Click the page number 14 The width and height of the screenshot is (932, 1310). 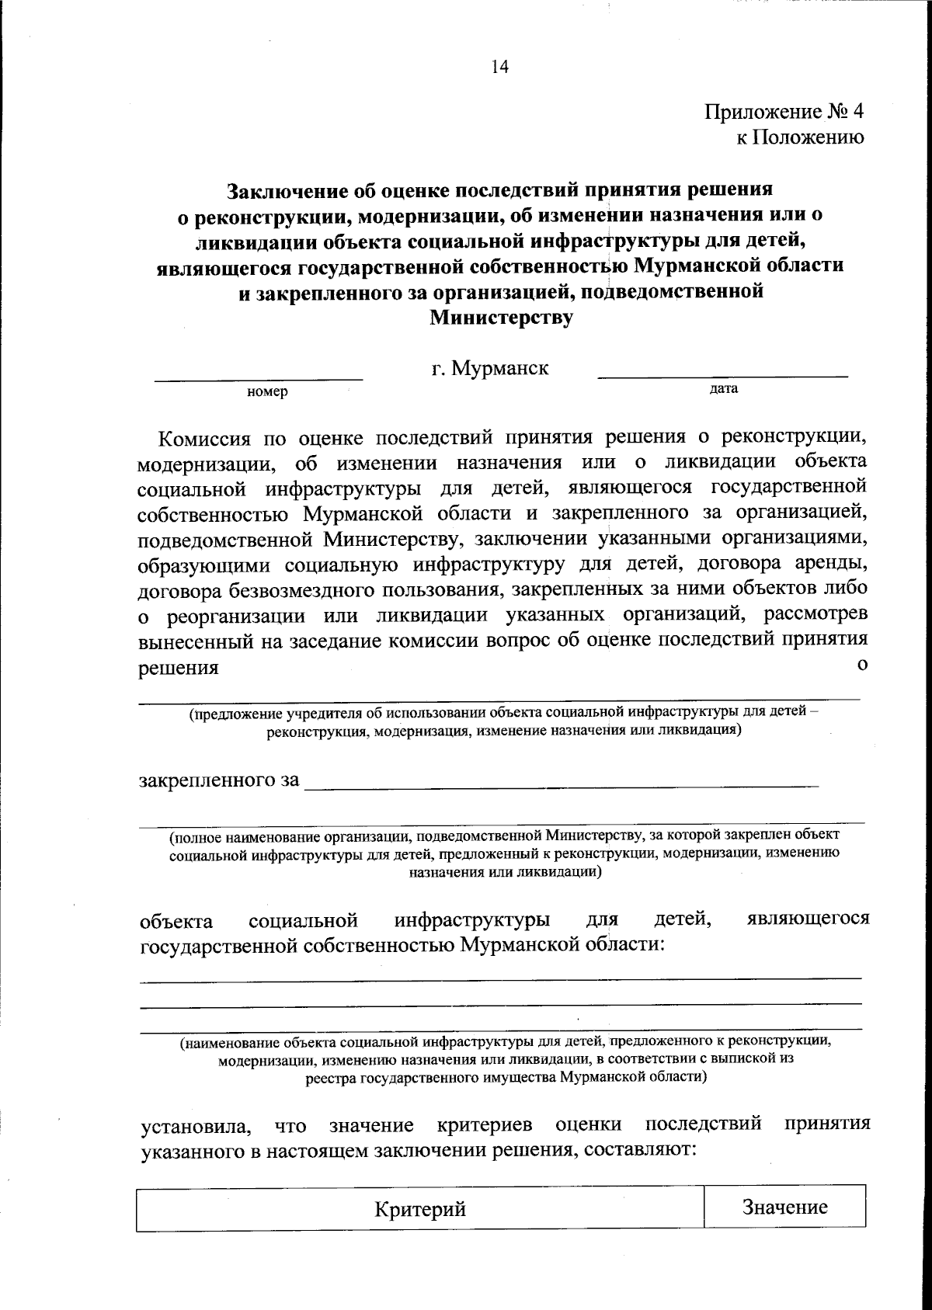[x=499, y=68]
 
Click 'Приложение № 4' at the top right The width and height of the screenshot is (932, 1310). [x=784, y=112]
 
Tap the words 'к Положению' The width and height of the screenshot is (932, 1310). [x=799, y=137]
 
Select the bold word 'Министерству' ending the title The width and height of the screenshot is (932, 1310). [x=502, y=317]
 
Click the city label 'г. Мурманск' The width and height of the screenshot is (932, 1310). [x=490, y=367]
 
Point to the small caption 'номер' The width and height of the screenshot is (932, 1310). [x=267, y=392]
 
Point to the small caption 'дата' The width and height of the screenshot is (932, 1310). [x=723, y=388]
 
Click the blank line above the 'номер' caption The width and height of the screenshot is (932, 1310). [x=259, y=378]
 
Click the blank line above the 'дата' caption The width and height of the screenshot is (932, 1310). [x=722, y=376]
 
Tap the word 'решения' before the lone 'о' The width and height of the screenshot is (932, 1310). [x=178, y=668]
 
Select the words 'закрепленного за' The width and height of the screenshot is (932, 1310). [x=219, y=780]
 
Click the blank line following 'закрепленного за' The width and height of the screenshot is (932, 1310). [x=561, y=786]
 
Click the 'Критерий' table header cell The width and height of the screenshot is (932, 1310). [x=420, y=1210]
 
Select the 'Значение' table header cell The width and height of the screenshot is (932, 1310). [x=784, y=1207]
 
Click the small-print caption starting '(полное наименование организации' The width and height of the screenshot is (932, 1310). [x=504, y=853]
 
